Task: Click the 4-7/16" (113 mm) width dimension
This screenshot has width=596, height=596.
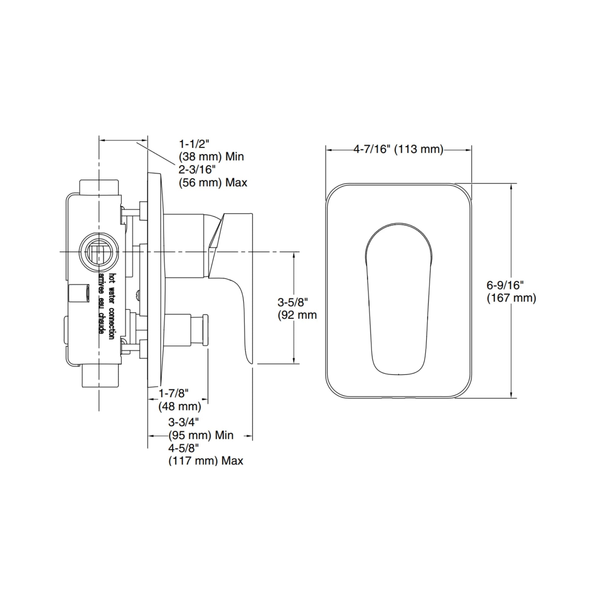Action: pyautogui.click(x=398, y=149)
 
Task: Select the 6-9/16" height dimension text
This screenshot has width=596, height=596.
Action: pyautogui.click(x=505, y=285)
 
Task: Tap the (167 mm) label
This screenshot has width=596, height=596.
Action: pyautogui.click(x=511, y=298)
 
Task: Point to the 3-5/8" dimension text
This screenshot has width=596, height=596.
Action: pyautogui.click(x=293, y=302)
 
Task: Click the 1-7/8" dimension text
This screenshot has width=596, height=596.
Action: pyautogui.click(x=173, y=393)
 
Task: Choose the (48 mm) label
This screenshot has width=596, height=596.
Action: pyautogui.click(x=179, y=406)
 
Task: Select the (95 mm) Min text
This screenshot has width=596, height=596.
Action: pyautogui.click(x=201, y=435)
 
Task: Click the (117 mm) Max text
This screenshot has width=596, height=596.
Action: pyautogui.click(x=206, y=461)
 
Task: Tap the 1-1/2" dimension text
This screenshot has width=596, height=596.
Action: pyautogui.click(x=194, y=144)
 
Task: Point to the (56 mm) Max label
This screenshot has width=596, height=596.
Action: pyautogui.click(x=213, y=183)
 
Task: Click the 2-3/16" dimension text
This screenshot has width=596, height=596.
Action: pyautogui.click(x=197, y=169)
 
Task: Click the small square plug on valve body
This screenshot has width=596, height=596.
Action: pyautogui.click(x=79, y=293)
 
